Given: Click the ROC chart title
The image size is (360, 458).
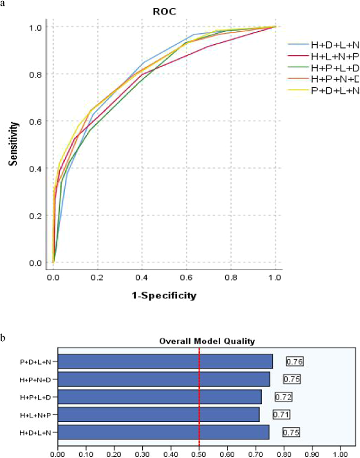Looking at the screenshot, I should tap(165, 12).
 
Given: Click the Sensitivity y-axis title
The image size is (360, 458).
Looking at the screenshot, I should tap(14, 143).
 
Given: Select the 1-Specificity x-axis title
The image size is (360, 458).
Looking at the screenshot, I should tap(164, 295).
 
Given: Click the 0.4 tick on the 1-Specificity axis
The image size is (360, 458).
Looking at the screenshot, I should tap(142, 277).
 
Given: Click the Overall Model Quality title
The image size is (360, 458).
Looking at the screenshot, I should tap(207, 341).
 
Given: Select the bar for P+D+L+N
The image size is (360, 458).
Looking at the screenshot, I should tap(165, 361).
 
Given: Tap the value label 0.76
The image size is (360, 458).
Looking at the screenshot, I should tap(294, 361).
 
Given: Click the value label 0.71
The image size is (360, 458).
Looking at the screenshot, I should tap(281, 415).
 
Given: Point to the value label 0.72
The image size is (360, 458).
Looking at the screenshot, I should tap(283, 397).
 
